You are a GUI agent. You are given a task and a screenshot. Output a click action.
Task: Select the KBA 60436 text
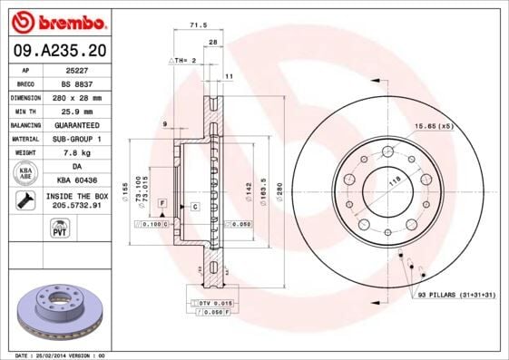75,181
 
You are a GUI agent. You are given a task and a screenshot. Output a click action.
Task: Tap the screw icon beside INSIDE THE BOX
26,200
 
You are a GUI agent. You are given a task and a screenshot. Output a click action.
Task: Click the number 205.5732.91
75,206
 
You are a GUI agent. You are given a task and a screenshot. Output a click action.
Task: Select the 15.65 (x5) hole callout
433,126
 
